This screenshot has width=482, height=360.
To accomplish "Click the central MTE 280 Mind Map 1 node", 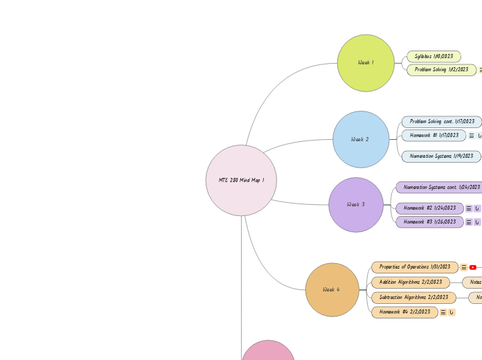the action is tap(241, 180).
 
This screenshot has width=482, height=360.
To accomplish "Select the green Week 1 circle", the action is tap(366, 63).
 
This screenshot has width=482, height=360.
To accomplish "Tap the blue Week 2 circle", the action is tap(361, 139).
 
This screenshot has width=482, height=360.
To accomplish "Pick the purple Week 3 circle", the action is tap(356, 204).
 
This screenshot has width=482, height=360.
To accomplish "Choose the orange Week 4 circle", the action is tap(332, 289).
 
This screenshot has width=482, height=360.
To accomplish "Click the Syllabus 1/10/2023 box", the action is tap(434, 56).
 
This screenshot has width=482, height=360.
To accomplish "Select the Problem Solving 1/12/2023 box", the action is tap(441, 70).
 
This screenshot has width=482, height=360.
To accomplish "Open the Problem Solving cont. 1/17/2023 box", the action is tap(442, 121).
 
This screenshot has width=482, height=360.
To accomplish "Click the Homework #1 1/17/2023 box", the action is tap(434, 136).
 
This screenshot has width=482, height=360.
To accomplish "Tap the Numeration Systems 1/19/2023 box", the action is tap(441, 156).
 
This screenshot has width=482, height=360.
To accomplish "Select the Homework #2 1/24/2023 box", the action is tap(429, 208).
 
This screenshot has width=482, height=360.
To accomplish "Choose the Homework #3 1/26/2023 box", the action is tap(429, 222).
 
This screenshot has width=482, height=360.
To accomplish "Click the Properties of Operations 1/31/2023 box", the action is tap(414, 267).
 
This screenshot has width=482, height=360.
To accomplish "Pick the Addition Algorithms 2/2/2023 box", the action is tap(410, 282).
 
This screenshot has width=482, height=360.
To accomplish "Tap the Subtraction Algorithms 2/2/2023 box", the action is tap(413, 297).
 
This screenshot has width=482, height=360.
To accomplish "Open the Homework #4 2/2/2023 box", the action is tap(404, 312).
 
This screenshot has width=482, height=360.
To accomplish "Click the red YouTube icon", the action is tap(473, 267).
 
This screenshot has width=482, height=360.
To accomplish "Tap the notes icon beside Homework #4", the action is tap(443, 312).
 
